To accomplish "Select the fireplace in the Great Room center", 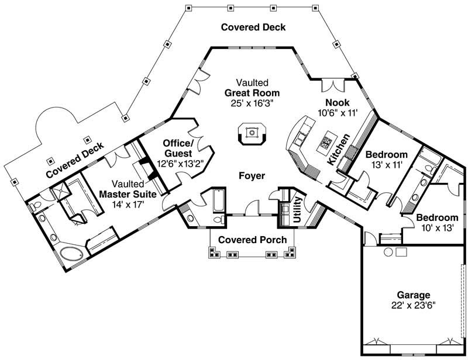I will click(x=252, y=133).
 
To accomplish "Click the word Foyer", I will click(x=252, y=175).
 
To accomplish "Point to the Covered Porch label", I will click(x=252, y=240).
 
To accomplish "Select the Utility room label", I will click(x=297, y=209).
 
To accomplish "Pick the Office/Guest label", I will click(x=177, y=148).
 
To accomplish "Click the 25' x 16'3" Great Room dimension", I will click(x=252, y=103).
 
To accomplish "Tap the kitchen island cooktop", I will click(x=326, y=142).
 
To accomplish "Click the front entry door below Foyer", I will click(x=252, y=207).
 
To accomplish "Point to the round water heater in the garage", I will click(x=387, y=252).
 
